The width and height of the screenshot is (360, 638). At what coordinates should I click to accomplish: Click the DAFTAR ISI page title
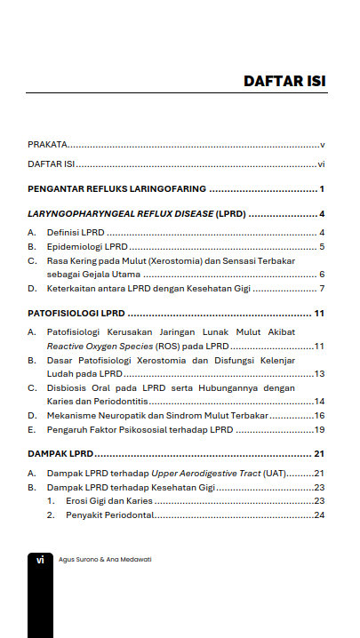click(284, 82)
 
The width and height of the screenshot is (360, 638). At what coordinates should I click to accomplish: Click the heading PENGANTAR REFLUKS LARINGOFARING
click(116, 189)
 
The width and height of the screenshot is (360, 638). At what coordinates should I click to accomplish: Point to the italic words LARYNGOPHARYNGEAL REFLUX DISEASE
click(120, 214)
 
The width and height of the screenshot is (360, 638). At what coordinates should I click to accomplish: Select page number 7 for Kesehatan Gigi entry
click(322, 290)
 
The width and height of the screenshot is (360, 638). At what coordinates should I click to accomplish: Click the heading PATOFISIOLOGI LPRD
click(76, 314)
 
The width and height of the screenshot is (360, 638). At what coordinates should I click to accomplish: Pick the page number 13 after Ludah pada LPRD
click(319, 374)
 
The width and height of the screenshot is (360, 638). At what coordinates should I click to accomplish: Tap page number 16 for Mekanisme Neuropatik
click(319, 416)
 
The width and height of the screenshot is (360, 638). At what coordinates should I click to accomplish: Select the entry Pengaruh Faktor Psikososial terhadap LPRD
click(140, 430)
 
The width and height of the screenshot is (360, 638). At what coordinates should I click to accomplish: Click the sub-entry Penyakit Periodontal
click(107, 515)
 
